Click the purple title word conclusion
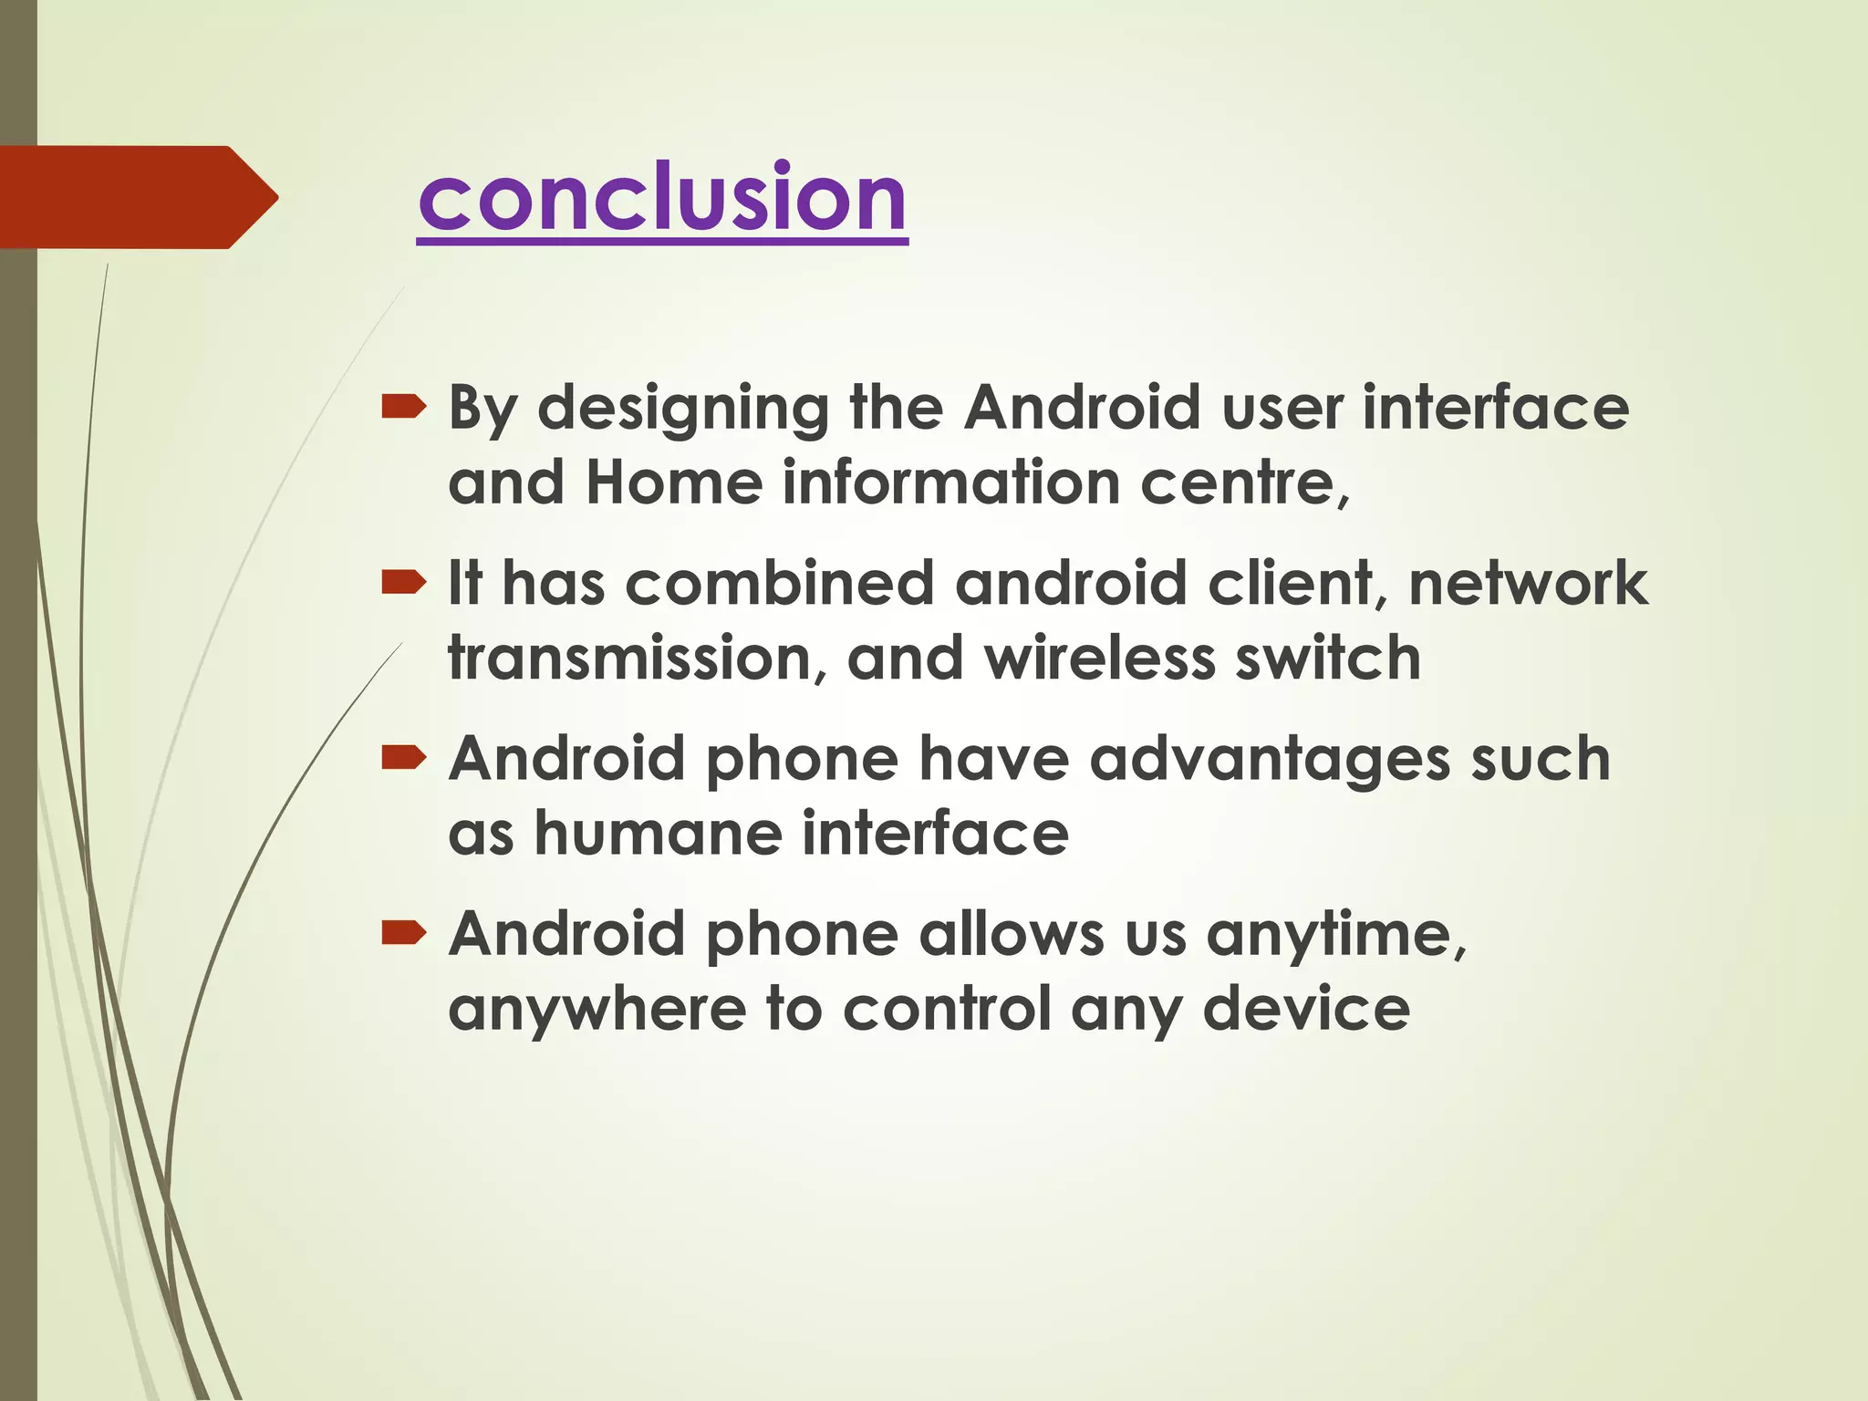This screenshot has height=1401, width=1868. pyautogui.click(x=662, y=197)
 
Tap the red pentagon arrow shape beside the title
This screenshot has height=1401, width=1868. pyautogui.click(x=137, y=197)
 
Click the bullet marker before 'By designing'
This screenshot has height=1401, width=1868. pyautogui.click(x=403, y=406)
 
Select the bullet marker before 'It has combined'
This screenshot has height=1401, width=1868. pyautogui.click(x=403, y=581)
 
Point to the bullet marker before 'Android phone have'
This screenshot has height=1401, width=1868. pyautogui.click(x=403, y=756)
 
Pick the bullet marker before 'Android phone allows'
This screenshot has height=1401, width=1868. pyautogui.click(x=403, y=932)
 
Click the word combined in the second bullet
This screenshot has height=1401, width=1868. pyautogui.click(x=780, y=583)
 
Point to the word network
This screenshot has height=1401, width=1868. pyautogui.click(x=1528, y=583)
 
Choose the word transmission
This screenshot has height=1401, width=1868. pyautogui.click(x=628, y=658)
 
